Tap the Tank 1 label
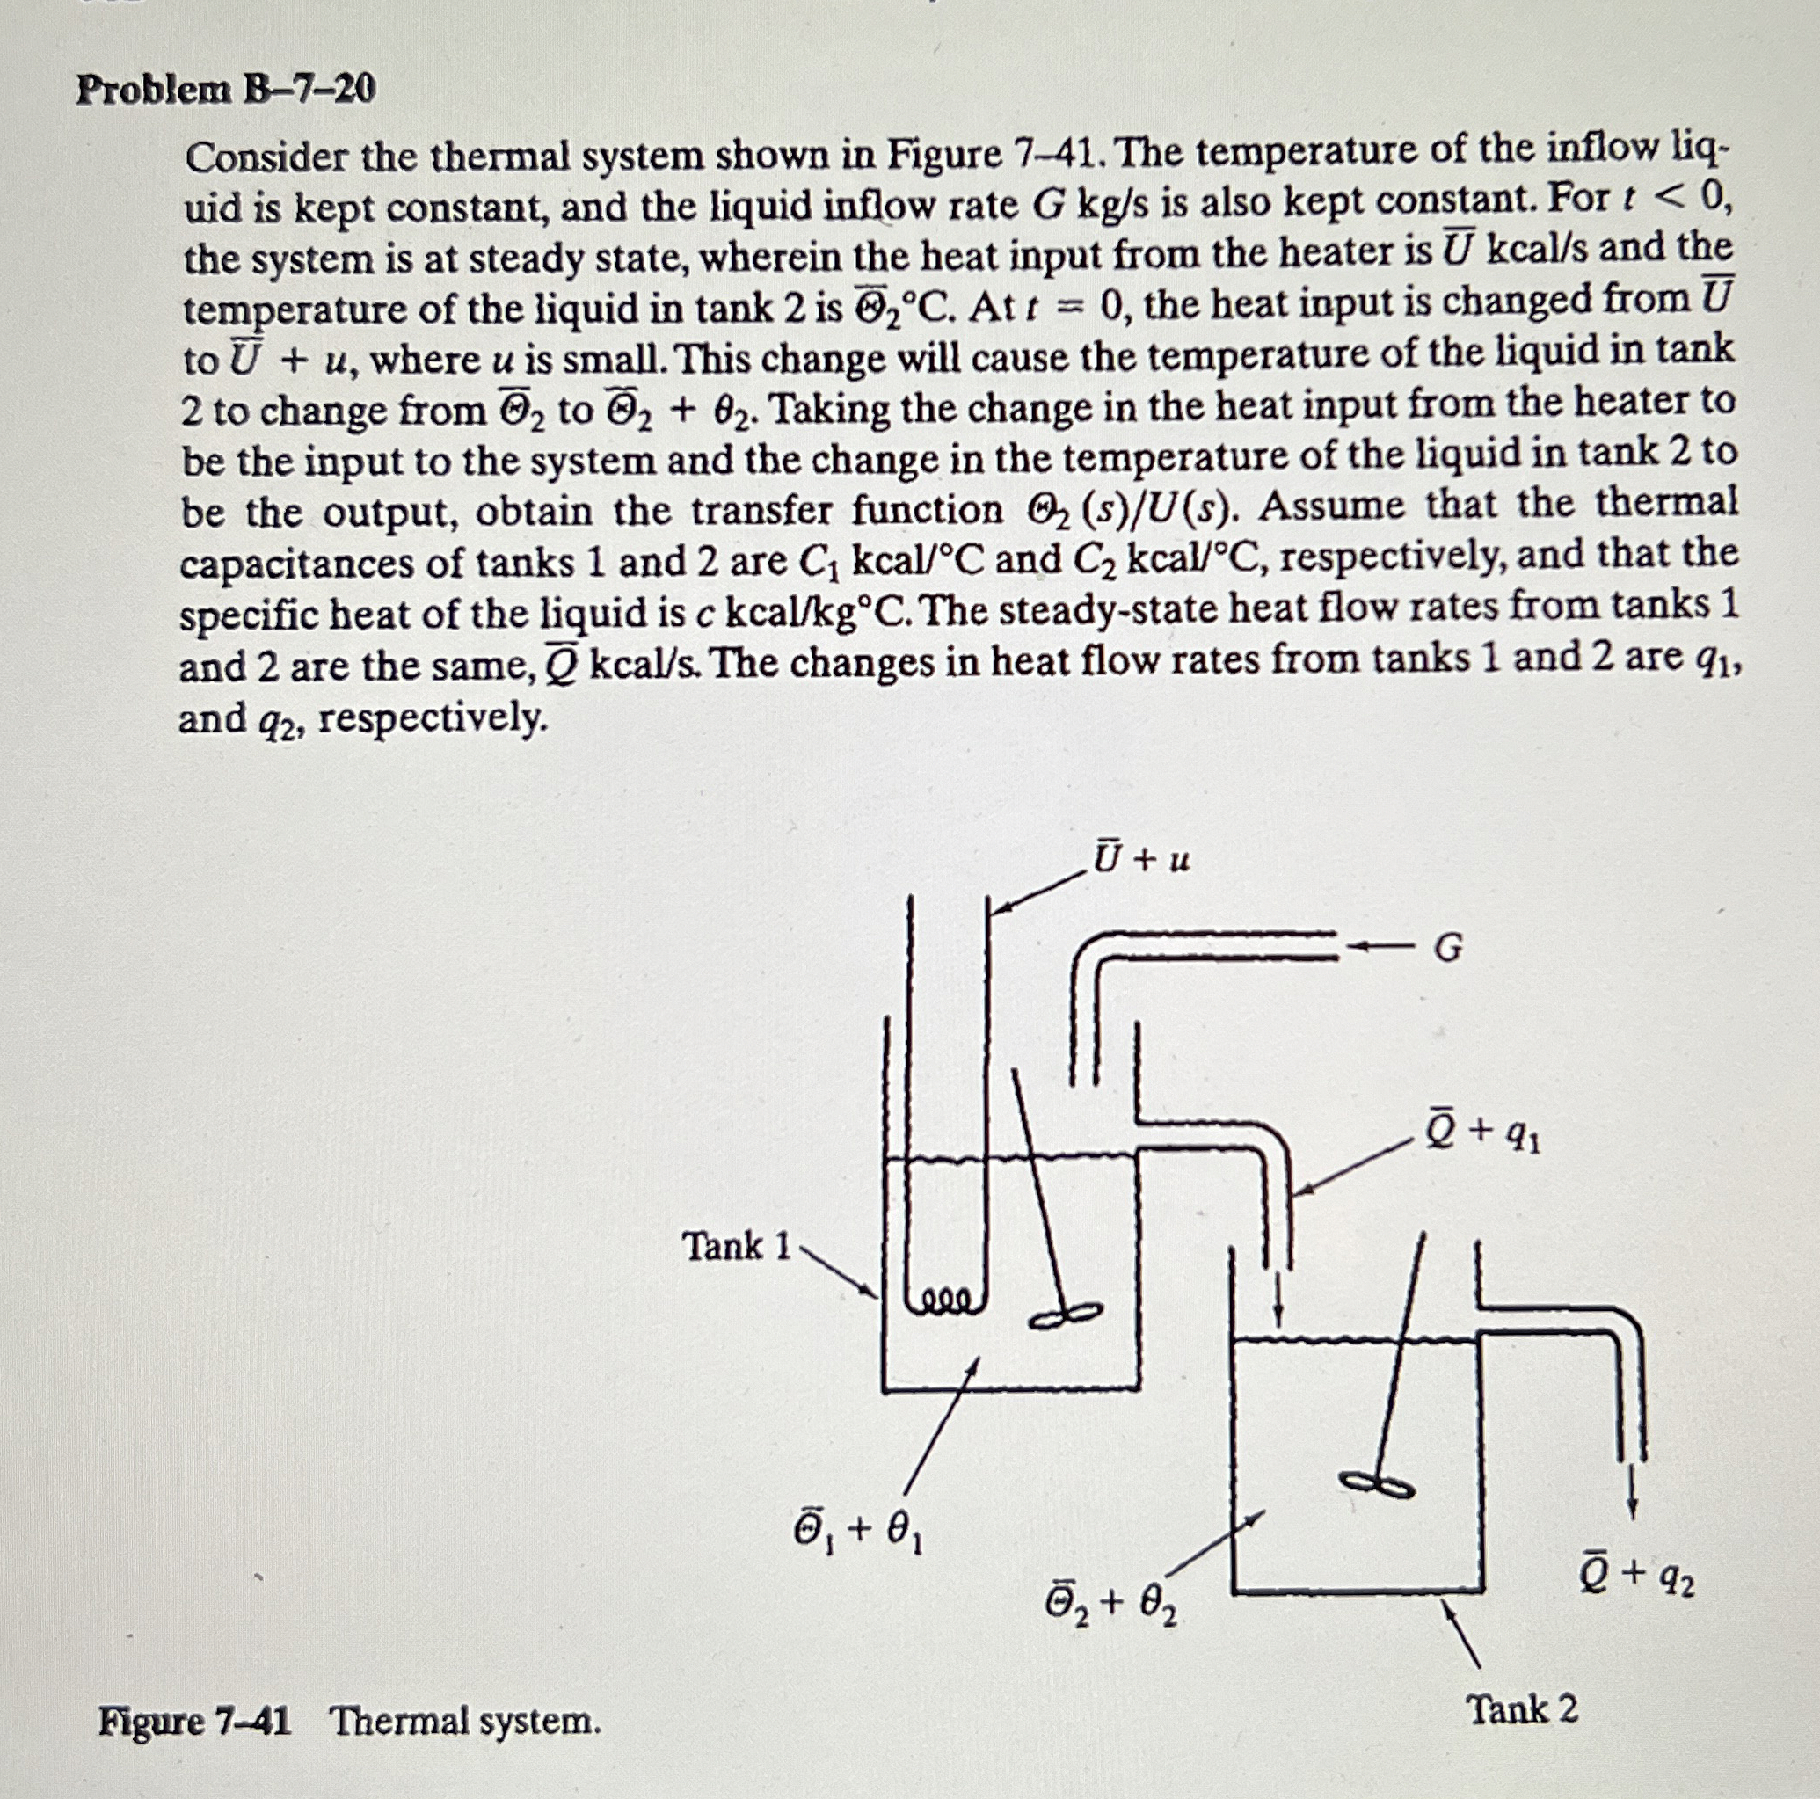pyautogui.click(x=737, y=1247)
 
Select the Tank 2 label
pyautogui.click(x=1523, y=1709)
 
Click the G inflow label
pyautogui.click(x=1448, y=950)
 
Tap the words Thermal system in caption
pyautogui.click(x=466, y=1722)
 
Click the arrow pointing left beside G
pyautogui.click(x=1383, y=947)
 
